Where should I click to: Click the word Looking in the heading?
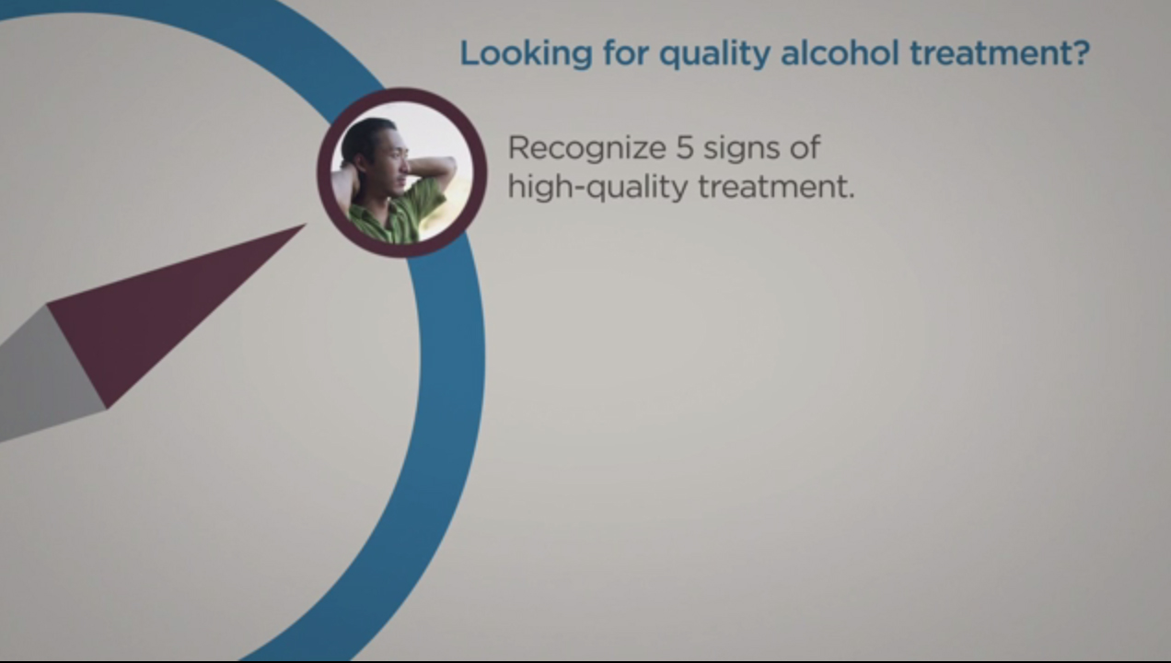(x=526, y=53)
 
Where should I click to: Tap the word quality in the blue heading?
(x=714, y=53)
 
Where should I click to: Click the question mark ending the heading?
(x=1078, y=52)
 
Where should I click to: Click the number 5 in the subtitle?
(x=685, y=148)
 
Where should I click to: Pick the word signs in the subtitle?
(x=742, y=149)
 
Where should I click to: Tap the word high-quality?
(x=598, y=188)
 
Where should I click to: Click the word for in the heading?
(x=626, y=52)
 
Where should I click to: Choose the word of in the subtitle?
(x=805, y=147)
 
